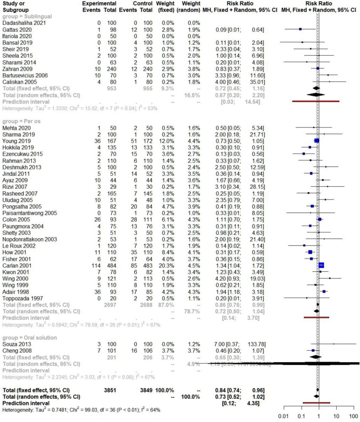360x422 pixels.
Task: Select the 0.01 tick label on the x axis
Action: coord(284,416)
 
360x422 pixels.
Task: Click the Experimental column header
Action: coord(100,4)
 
